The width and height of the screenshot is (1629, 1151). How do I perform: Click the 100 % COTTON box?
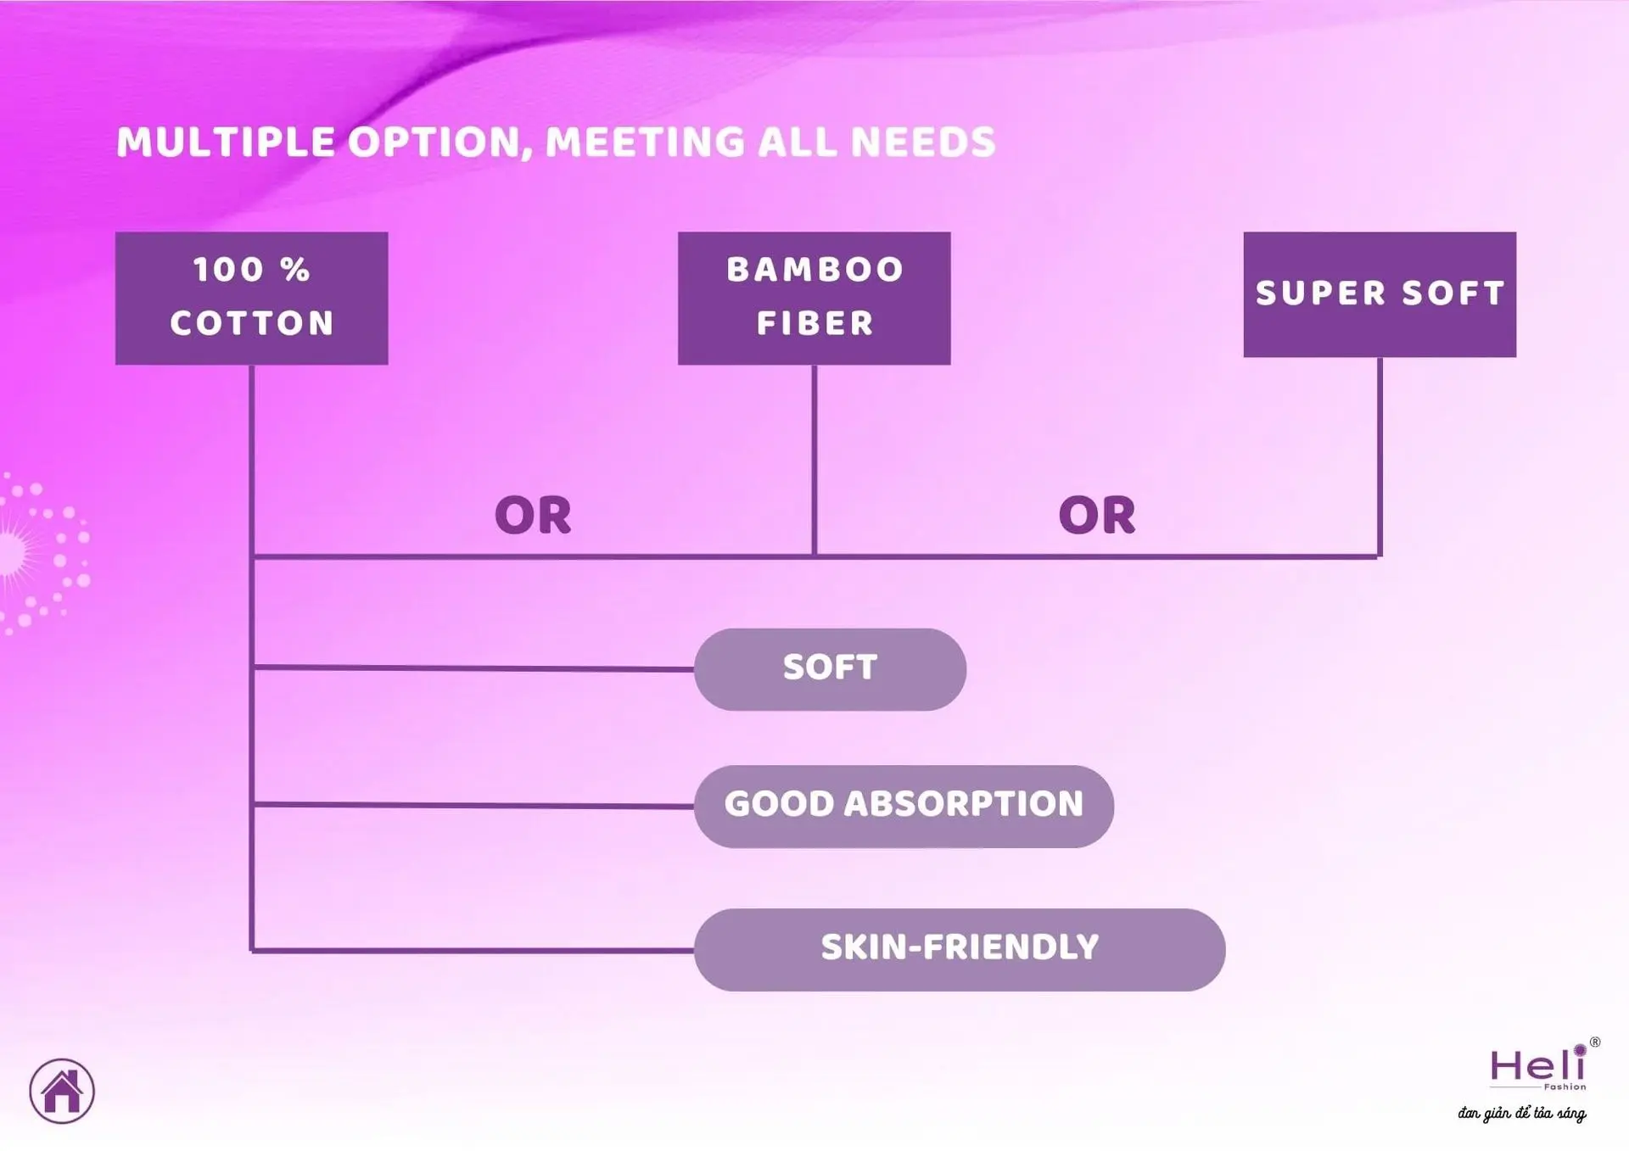click(252, 299)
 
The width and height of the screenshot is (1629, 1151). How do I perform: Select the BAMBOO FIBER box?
click(814, 299)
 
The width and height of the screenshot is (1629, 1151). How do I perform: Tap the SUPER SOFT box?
click(1380, 294)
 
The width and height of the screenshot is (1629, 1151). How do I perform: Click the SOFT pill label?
click(830, 669)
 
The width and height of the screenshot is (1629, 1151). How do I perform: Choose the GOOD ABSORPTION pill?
click(904, 806)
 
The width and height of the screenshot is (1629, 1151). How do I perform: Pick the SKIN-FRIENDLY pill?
click(960, 950)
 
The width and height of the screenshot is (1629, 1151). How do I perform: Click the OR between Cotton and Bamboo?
click(533, 516)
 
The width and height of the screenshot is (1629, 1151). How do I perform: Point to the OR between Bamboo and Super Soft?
click(1097, 516)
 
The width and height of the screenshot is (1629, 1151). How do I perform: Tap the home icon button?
click(62, 1092)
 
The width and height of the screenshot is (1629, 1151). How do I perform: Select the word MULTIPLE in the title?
click(226, 142)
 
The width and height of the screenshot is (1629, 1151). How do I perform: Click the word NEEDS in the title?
click(923, 142)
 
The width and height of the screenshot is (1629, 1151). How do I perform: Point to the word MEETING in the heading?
click(645, 142)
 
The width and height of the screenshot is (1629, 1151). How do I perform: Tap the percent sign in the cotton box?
click(295, 270)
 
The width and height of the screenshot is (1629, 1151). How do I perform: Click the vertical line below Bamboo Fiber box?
click(814, 461)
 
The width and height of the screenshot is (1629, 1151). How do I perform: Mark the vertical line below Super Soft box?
click(1380, 457)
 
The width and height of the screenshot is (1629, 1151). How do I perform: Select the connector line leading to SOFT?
click(473, 668)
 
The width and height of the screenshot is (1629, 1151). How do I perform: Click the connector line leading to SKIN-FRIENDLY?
click(473, 950)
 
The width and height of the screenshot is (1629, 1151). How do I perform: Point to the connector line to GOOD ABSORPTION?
click(473, 805)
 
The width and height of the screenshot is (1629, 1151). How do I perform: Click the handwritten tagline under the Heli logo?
click(1522, 1113)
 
